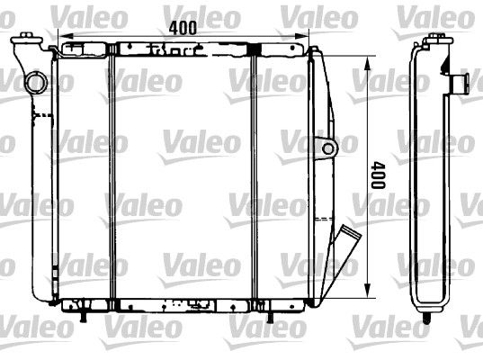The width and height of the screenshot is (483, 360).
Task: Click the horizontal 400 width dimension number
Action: click(183, 28)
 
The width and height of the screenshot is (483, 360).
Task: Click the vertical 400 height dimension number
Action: click(378, 175)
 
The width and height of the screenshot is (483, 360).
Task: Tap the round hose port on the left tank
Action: click(36, 83)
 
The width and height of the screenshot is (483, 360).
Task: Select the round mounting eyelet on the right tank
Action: click(328, 149)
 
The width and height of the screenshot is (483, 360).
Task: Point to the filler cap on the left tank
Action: click(26, 39)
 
